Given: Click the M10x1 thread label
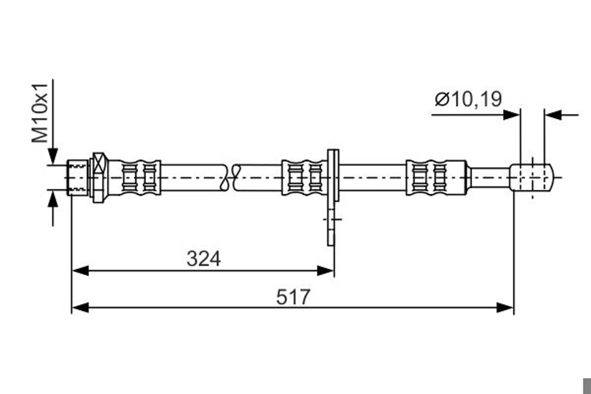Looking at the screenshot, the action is tap(40, 113).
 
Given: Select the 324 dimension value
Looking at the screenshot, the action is tap(204, 259).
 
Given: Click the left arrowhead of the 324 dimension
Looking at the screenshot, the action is tap(81, 271).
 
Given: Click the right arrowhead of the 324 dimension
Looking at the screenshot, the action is tap(325, 271).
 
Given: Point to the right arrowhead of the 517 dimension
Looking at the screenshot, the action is tap(505, 308).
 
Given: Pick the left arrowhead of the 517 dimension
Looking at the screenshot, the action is tap(81, 308).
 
